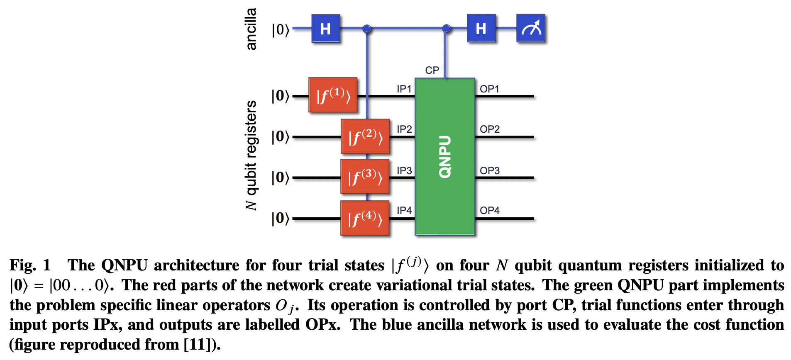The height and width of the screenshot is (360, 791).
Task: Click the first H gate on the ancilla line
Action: click(x=326, y=29)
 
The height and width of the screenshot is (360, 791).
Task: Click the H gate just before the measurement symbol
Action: click(x=481, y=29)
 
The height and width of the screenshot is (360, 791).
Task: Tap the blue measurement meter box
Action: click(x=531, y=28)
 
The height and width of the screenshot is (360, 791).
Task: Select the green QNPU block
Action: click(x=445, y=156)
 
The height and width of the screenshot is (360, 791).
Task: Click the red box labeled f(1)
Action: click(x=333, y=95)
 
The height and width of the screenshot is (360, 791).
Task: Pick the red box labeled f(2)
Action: click(x=365, y=136)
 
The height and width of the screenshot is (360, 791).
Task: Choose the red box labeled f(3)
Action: click(x=365, y=177)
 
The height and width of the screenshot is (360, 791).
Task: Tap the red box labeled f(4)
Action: click(x=365, y=218)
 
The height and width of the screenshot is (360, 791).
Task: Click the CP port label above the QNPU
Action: click(x=432, y=70)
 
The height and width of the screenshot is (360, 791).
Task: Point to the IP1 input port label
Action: click(x=404, y=89)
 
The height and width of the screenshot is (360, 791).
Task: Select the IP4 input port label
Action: click(x=404, y=210)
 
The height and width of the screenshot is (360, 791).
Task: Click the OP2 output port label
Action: click(x=490, y=129)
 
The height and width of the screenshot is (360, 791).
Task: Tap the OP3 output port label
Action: click(x=490, y=170)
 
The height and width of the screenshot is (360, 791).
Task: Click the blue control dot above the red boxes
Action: click(x=367, y=29)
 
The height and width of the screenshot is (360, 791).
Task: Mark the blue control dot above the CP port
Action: click(x=446, y=29)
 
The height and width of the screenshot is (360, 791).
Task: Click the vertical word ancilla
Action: click(x=251, y=29)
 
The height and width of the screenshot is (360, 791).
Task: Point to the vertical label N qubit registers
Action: click(x=251, y=155)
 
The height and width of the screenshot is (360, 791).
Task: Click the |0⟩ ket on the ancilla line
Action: click(x=280, y=30)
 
